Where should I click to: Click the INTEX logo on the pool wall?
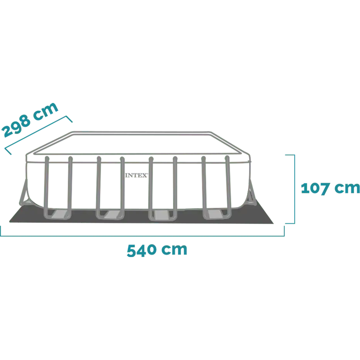pos(136,175)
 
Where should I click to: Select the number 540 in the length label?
pos(141,251)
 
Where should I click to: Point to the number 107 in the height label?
pos(315,188)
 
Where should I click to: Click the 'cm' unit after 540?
pos(174,249)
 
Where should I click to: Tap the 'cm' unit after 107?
pos(347,188)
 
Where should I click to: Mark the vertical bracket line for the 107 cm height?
pos(294,189)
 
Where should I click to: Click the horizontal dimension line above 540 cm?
pos(142,236)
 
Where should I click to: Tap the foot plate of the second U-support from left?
pos(112,215)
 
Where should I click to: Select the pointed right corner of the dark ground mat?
pos(273,223)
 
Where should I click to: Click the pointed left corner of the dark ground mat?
pos(10,222)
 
